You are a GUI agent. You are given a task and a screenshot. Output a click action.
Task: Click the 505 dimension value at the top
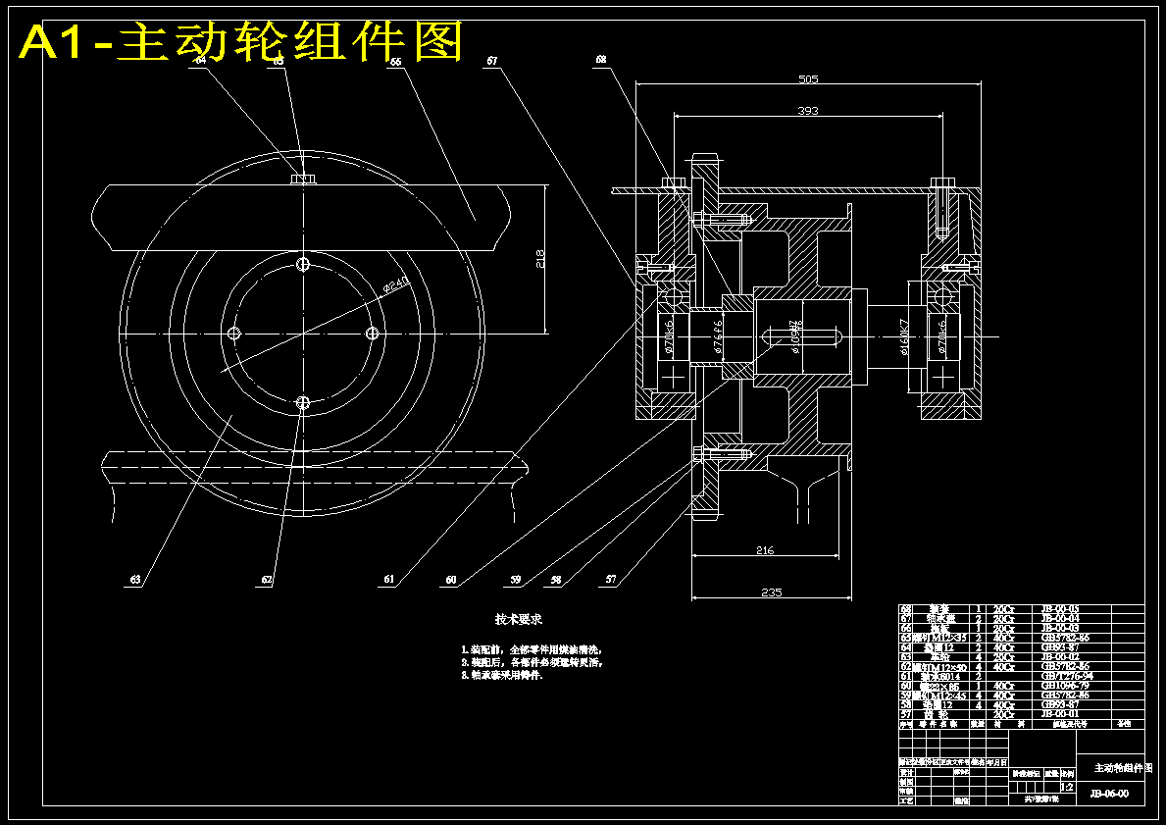(x=808, y=79)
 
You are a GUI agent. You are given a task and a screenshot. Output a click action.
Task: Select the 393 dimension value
(x=807, y=111)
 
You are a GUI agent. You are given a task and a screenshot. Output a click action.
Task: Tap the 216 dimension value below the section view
(x=765, y=551)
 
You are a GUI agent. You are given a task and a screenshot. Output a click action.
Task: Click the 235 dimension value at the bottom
(x=773, y=592)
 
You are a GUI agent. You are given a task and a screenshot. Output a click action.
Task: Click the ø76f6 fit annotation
(x=716, y=335)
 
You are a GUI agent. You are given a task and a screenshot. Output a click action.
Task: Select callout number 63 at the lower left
(x=135, y=580)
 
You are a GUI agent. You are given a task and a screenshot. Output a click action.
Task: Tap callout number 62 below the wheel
(x=267, y=580)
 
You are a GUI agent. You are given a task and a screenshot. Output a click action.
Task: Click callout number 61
(x=390, y=580)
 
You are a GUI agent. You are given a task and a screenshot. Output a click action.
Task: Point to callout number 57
(x=611, y=580)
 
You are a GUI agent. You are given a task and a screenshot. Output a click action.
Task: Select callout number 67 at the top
(x=492, y=61)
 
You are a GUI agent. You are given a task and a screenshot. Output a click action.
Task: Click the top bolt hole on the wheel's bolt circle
(x=303, y=265)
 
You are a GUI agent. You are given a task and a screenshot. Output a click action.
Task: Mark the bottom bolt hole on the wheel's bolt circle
(x=303, y=402)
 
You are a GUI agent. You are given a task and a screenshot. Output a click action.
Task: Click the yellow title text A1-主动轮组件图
(x=241, y=42)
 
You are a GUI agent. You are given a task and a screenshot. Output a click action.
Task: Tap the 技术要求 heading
(x=519, y=620)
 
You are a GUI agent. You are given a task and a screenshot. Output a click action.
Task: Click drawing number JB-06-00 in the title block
(x=1108, y=793)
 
